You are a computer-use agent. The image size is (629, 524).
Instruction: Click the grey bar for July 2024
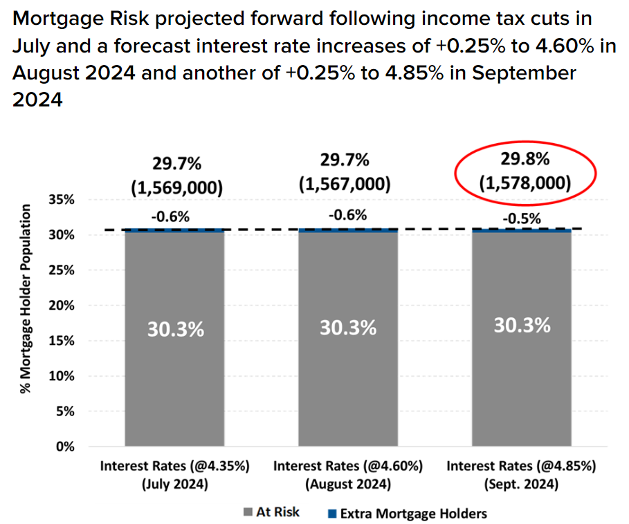point(174,339)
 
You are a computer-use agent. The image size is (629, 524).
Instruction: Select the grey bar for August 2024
point(348,339)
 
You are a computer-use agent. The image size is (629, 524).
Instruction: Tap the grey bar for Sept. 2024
point(522,339)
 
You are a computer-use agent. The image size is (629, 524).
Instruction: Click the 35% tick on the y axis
point(66,200)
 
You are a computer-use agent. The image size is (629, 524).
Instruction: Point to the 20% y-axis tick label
point(66,306)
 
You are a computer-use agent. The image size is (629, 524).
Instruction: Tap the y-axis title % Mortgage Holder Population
point(26,299)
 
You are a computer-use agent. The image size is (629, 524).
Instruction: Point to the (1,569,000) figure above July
point(176,186)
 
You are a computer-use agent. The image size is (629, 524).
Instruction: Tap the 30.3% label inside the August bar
point(348,328)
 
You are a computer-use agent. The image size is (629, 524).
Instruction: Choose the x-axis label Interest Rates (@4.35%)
point(174,466)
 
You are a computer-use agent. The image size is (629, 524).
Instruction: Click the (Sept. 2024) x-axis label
point(521,484)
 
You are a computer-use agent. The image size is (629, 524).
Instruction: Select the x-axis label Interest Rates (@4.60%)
point(348,466)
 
